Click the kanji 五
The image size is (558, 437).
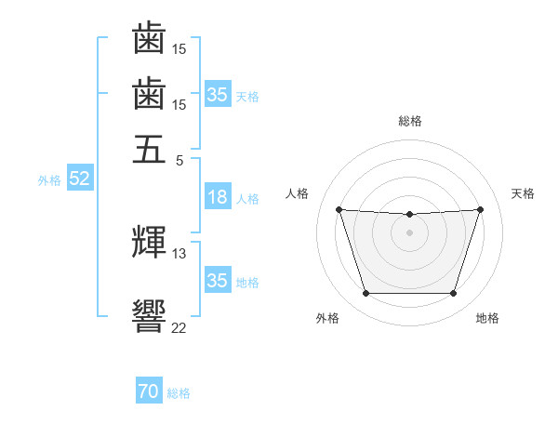[x=149, y=149]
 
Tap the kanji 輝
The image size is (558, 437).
[x=149, y=242]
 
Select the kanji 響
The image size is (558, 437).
[x=149, y=316]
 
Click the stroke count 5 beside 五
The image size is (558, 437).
[x=179, y=161]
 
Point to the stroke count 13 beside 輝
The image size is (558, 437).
[x=179, y=254]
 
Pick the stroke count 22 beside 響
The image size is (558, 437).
[x=179, y=327]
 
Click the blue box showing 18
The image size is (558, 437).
[x=219, y=196]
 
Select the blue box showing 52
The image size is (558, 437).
[x=80, y=178]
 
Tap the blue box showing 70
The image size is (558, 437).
[x=149, y=390]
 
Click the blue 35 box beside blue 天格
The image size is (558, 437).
[x=219, y=94]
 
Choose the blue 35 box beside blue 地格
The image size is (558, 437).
[x=219, y=279]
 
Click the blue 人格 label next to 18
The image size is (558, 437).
[x=247, y=199]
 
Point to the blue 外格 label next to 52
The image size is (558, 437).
[x=49, y=180]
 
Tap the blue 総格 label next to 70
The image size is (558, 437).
[x=179, y=393]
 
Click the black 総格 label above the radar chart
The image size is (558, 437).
[x=410, y=121]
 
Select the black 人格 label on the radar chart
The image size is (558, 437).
[x=297, y=193]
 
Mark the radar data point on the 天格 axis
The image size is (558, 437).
[x=481, y=209]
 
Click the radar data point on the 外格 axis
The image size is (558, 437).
[x=366, y=293]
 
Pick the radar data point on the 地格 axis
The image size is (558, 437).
[x=454, y=293]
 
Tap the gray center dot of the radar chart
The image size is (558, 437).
[x=409, y=232]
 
